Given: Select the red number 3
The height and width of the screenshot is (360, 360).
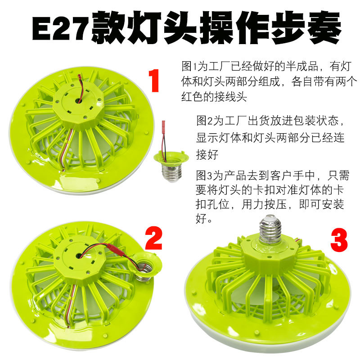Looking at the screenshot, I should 339,239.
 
